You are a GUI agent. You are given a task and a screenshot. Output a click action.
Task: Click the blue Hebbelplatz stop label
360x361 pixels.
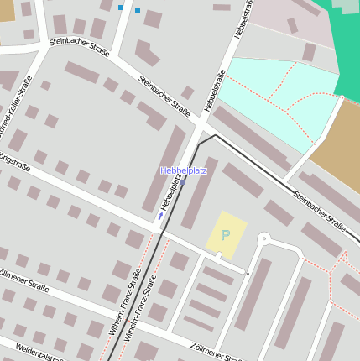coord(183,170)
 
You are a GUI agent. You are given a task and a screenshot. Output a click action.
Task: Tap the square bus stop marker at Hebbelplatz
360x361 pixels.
coord(183,181)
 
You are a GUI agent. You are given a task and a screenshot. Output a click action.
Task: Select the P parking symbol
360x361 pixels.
coord(225,235)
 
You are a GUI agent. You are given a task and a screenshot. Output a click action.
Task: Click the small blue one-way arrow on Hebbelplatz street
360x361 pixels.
coord(160,217)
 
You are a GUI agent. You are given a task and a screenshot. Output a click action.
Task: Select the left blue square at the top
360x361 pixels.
coord(121,8)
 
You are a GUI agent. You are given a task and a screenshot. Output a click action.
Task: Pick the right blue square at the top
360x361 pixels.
coord(138,11)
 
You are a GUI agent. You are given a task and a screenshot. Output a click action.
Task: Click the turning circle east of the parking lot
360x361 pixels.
coord(263,239)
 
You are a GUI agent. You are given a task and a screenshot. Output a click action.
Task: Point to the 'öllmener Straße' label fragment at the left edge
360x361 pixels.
coord(24,282)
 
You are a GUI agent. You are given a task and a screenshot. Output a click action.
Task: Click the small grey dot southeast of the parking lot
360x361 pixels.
coord(247,273)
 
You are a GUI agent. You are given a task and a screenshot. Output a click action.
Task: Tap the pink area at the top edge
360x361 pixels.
coord(290,21)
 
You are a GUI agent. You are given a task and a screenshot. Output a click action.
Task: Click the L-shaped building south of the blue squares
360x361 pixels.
coord(146,53)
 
